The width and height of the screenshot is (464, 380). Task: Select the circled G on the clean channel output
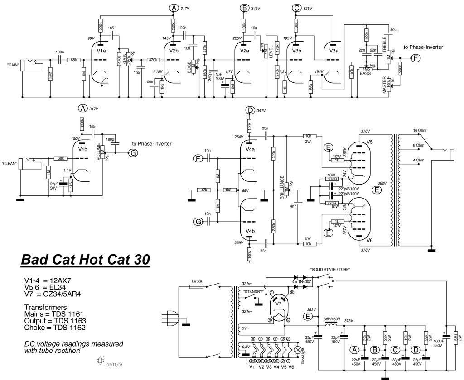[x=133, y=153]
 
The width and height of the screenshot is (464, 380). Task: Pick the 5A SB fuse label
[x=197, y=281]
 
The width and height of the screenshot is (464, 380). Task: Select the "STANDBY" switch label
[x=254, y=292]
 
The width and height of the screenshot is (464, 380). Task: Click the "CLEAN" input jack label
[x=10, y=163]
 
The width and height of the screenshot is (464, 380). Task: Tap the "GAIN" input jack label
[x=12, y=65]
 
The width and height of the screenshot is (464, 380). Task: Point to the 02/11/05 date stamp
[x=115, y=364]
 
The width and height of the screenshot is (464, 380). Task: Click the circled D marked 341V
[x=249, y=110]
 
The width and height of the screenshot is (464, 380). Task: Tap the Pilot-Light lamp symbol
[x=298, y=350]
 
